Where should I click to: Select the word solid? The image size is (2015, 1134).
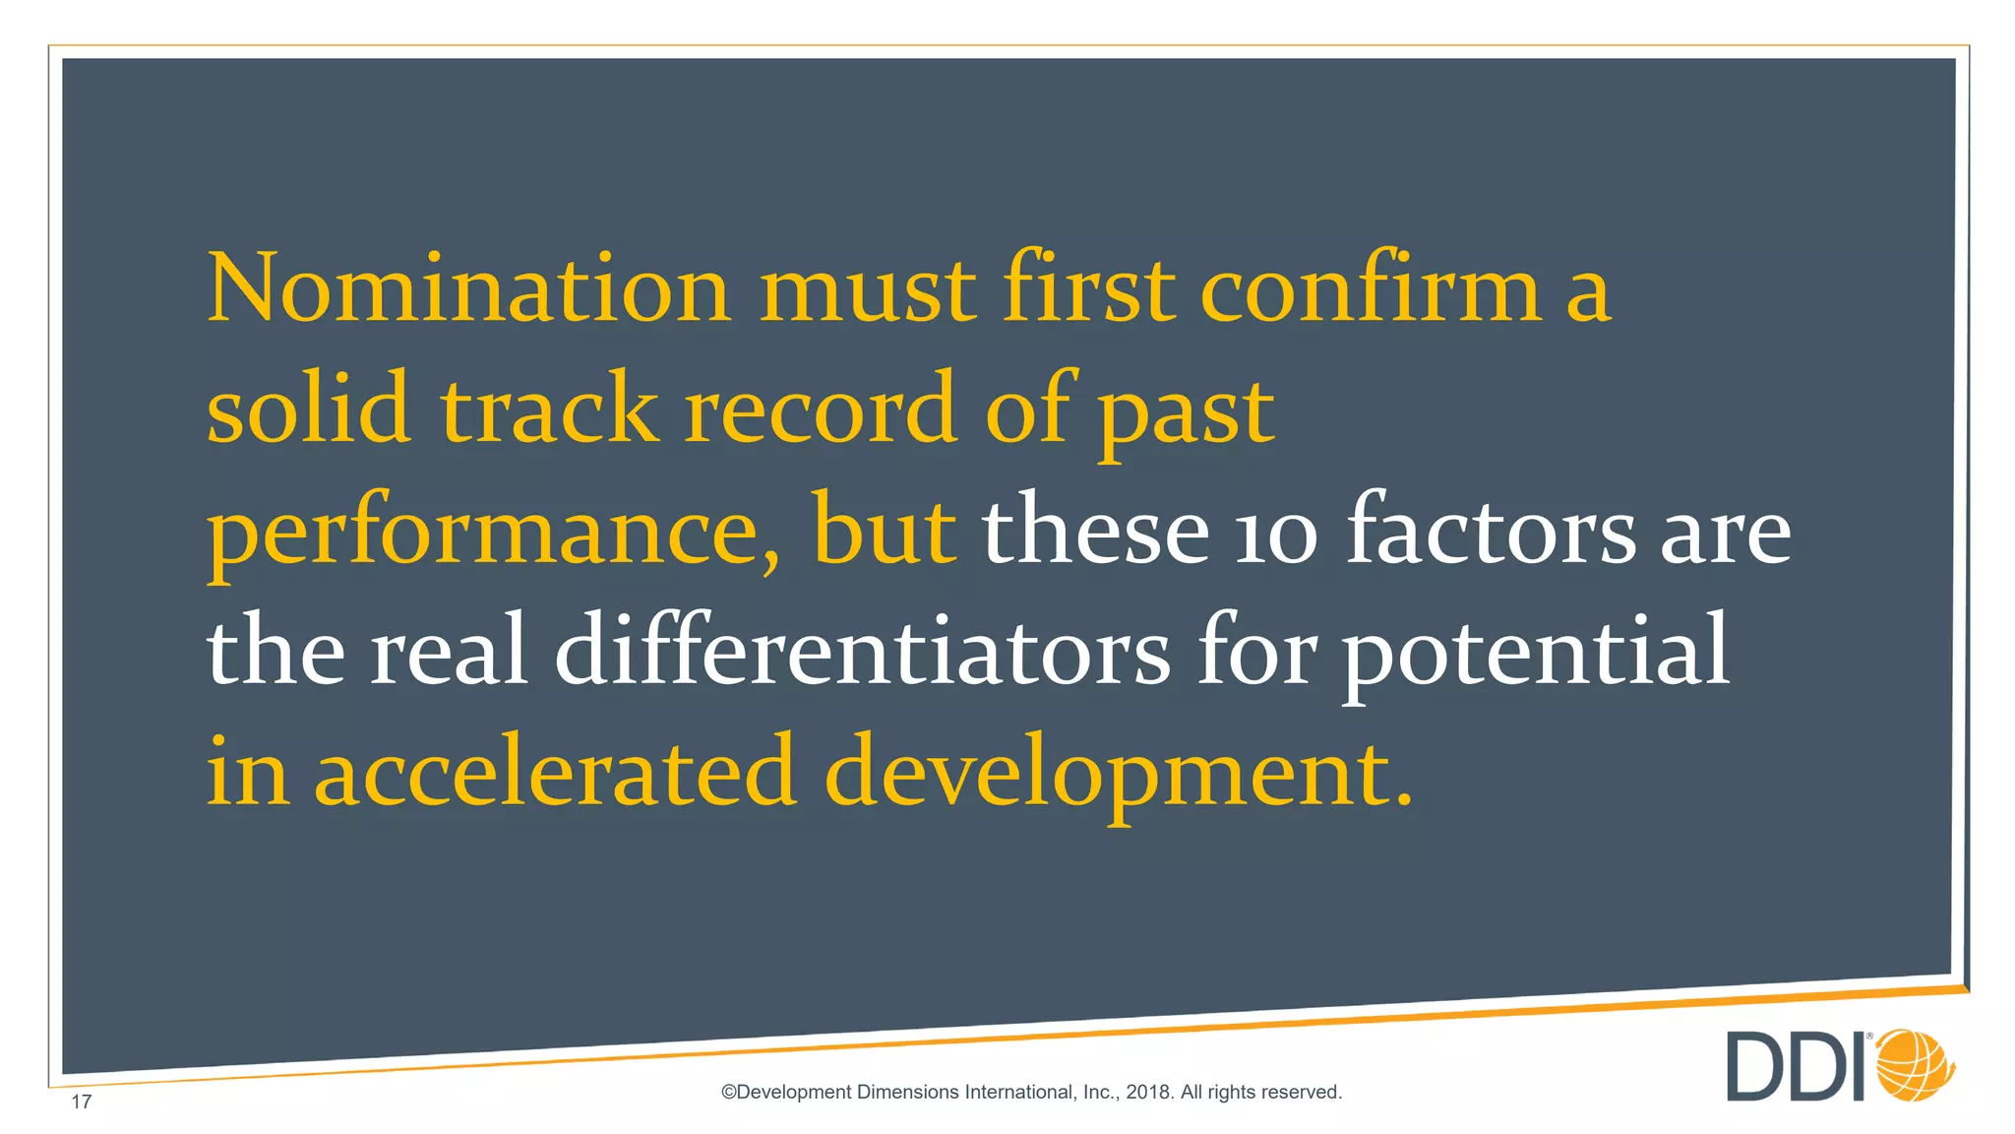[308, 408]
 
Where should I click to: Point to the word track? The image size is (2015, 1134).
[549, 408]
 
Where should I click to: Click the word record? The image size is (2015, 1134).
[821, 408]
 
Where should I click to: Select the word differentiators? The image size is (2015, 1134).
[863, 650]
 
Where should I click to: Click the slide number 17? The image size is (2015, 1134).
[82, 1102]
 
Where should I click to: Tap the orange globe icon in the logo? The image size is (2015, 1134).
[1915, 1065]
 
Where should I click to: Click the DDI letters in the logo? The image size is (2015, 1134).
[1797, 1067]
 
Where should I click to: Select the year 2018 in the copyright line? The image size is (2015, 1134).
[1148, 1092]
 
